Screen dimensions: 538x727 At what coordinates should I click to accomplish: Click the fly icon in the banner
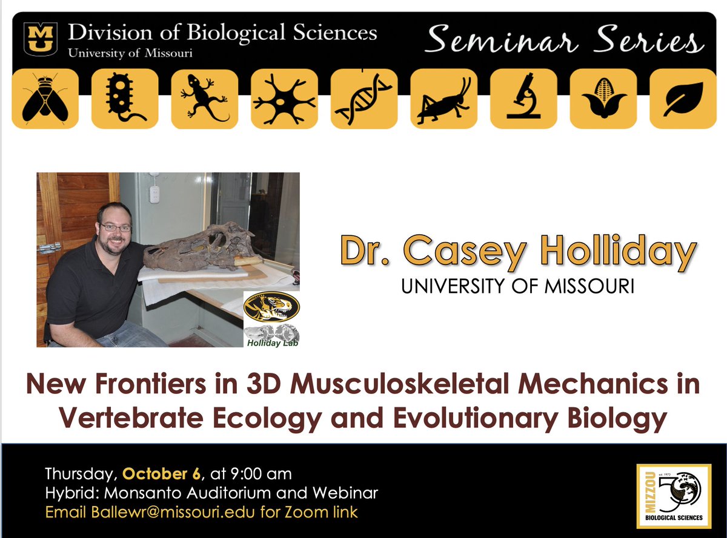[45, 99]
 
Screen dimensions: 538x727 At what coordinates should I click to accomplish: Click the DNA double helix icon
[363, 99]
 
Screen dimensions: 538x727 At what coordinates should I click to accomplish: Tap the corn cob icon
[603, 99]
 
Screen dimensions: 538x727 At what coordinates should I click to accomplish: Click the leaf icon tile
[682, 99]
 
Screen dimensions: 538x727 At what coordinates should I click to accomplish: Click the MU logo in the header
[41, 39]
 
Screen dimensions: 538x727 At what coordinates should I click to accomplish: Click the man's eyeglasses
[115, 227]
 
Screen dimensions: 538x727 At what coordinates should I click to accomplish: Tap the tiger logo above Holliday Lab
[271, 308]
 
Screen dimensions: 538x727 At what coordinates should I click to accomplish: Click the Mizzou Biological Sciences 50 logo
[673, 495]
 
